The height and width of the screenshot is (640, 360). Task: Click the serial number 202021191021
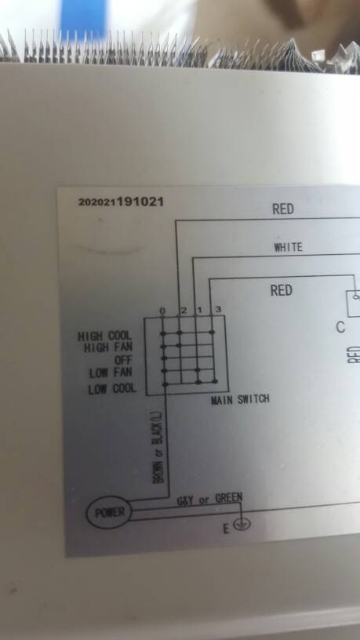[x=121, y=202]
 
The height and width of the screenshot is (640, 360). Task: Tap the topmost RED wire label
[x=283, y=209]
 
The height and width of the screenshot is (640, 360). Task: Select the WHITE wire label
[x=288, y=247]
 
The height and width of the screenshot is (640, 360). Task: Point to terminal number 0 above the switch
[x=162, y=311]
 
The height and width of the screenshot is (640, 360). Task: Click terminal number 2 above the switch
[x=184, y=311]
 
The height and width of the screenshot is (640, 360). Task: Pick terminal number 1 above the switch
[x=200, y=310]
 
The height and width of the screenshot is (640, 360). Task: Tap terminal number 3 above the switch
[x=218, y=309]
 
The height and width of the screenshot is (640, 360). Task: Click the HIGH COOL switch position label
[x=105, y=336]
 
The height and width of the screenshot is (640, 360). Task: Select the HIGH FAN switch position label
[x=107, y=348]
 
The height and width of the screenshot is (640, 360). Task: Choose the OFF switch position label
[x=123, y=361]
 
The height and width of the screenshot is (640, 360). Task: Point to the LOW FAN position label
[x=111, y=373]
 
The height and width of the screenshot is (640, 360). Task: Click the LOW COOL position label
[x=112, y=388]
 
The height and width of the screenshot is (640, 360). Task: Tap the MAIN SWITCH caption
[x=240, y=399]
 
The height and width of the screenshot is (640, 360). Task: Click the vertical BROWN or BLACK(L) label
[x=158, y=448]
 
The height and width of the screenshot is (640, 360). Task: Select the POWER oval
[x=108, y=512]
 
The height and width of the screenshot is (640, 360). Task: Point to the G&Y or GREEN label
[x=209, y=499]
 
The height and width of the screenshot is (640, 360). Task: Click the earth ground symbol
[x=242, y=524]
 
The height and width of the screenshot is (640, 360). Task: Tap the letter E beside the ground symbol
[x=226, y=529]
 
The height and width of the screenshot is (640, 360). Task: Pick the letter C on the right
[x=340, y=327]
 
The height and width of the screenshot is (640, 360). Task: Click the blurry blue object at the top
[x=84, y=18]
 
